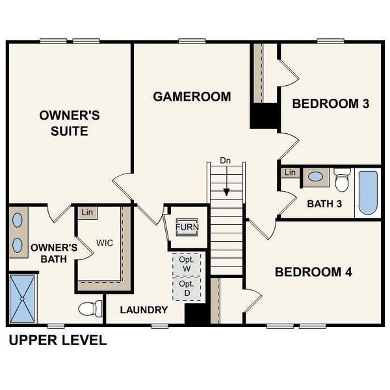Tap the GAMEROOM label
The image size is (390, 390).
click(192, 97)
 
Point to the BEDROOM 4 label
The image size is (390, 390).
click(313, 272)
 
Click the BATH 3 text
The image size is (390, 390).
click(324, 203)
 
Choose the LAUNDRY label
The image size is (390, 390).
click(144, 310)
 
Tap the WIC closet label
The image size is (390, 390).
click(105, 242)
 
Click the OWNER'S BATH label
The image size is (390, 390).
click(55, 253)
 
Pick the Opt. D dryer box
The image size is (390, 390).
click(187, 289)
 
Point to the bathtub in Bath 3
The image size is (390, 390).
click(368, 192)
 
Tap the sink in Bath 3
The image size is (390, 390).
click(317, 176)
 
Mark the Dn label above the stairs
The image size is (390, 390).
click(226, 160)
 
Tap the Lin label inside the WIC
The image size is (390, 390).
click(86, 212)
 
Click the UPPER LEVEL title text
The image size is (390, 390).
click(57, 340)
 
